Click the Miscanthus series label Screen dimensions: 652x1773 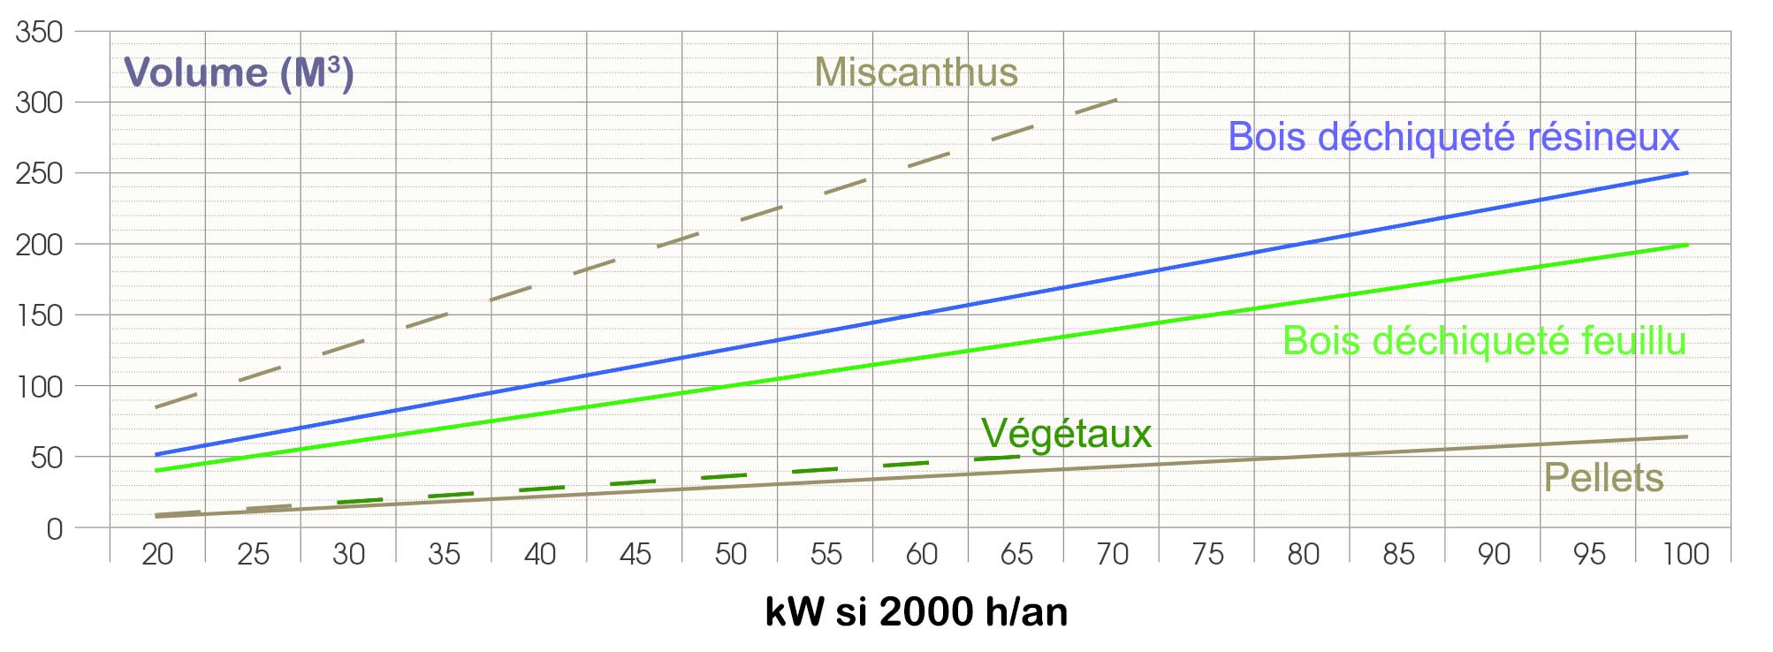pyautogui.click(x=916, y=72)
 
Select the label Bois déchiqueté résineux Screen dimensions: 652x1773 pyautogui.click(x=1453, y=137)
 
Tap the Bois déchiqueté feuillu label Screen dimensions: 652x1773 pyautogui.click(x=1484, y=341)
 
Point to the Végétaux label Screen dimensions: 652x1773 pyautogui.click(x=1066, y=434)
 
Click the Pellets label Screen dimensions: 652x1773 pyautogui.click(x=1603, y=478)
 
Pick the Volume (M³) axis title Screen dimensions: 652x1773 pyautogui.click(x=238, y=72)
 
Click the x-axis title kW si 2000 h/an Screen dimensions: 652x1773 pyautogui.click(x=916, y=611)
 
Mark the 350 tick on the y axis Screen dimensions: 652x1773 pyautogui.click(x=39, y=32)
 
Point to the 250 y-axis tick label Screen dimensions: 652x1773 pyautogui.click(x=39, y=173)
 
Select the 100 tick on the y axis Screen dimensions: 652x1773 pyautogui.click(x=39, y=386)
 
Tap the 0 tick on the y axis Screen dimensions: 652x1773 pyautogui.click(x=54, y=529)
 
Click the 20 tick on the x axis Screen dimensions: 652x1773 pyautogui.click(x=157, y=554)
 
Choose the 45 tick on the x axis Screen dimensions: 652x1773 pyautogui.click(x=635, y=554)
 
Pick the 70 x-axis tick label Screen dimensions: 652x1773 pyautogui.click(x=1112, y=554)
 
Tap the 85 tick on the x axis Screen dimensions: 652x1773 pyautogui.click(x=1398, y=554)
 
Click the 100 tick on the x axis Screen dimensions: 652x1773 pyautogui.click(x=1685, y=554)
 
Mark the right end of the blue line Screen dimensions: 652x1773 pyautogui.click(x=1687, y=172)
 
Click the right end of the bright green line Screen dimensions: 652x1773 pyautogui.click(x=1687, y=245)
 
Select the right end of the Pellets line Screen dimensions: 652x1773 pyautogui.click(x=1687, y=436)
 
